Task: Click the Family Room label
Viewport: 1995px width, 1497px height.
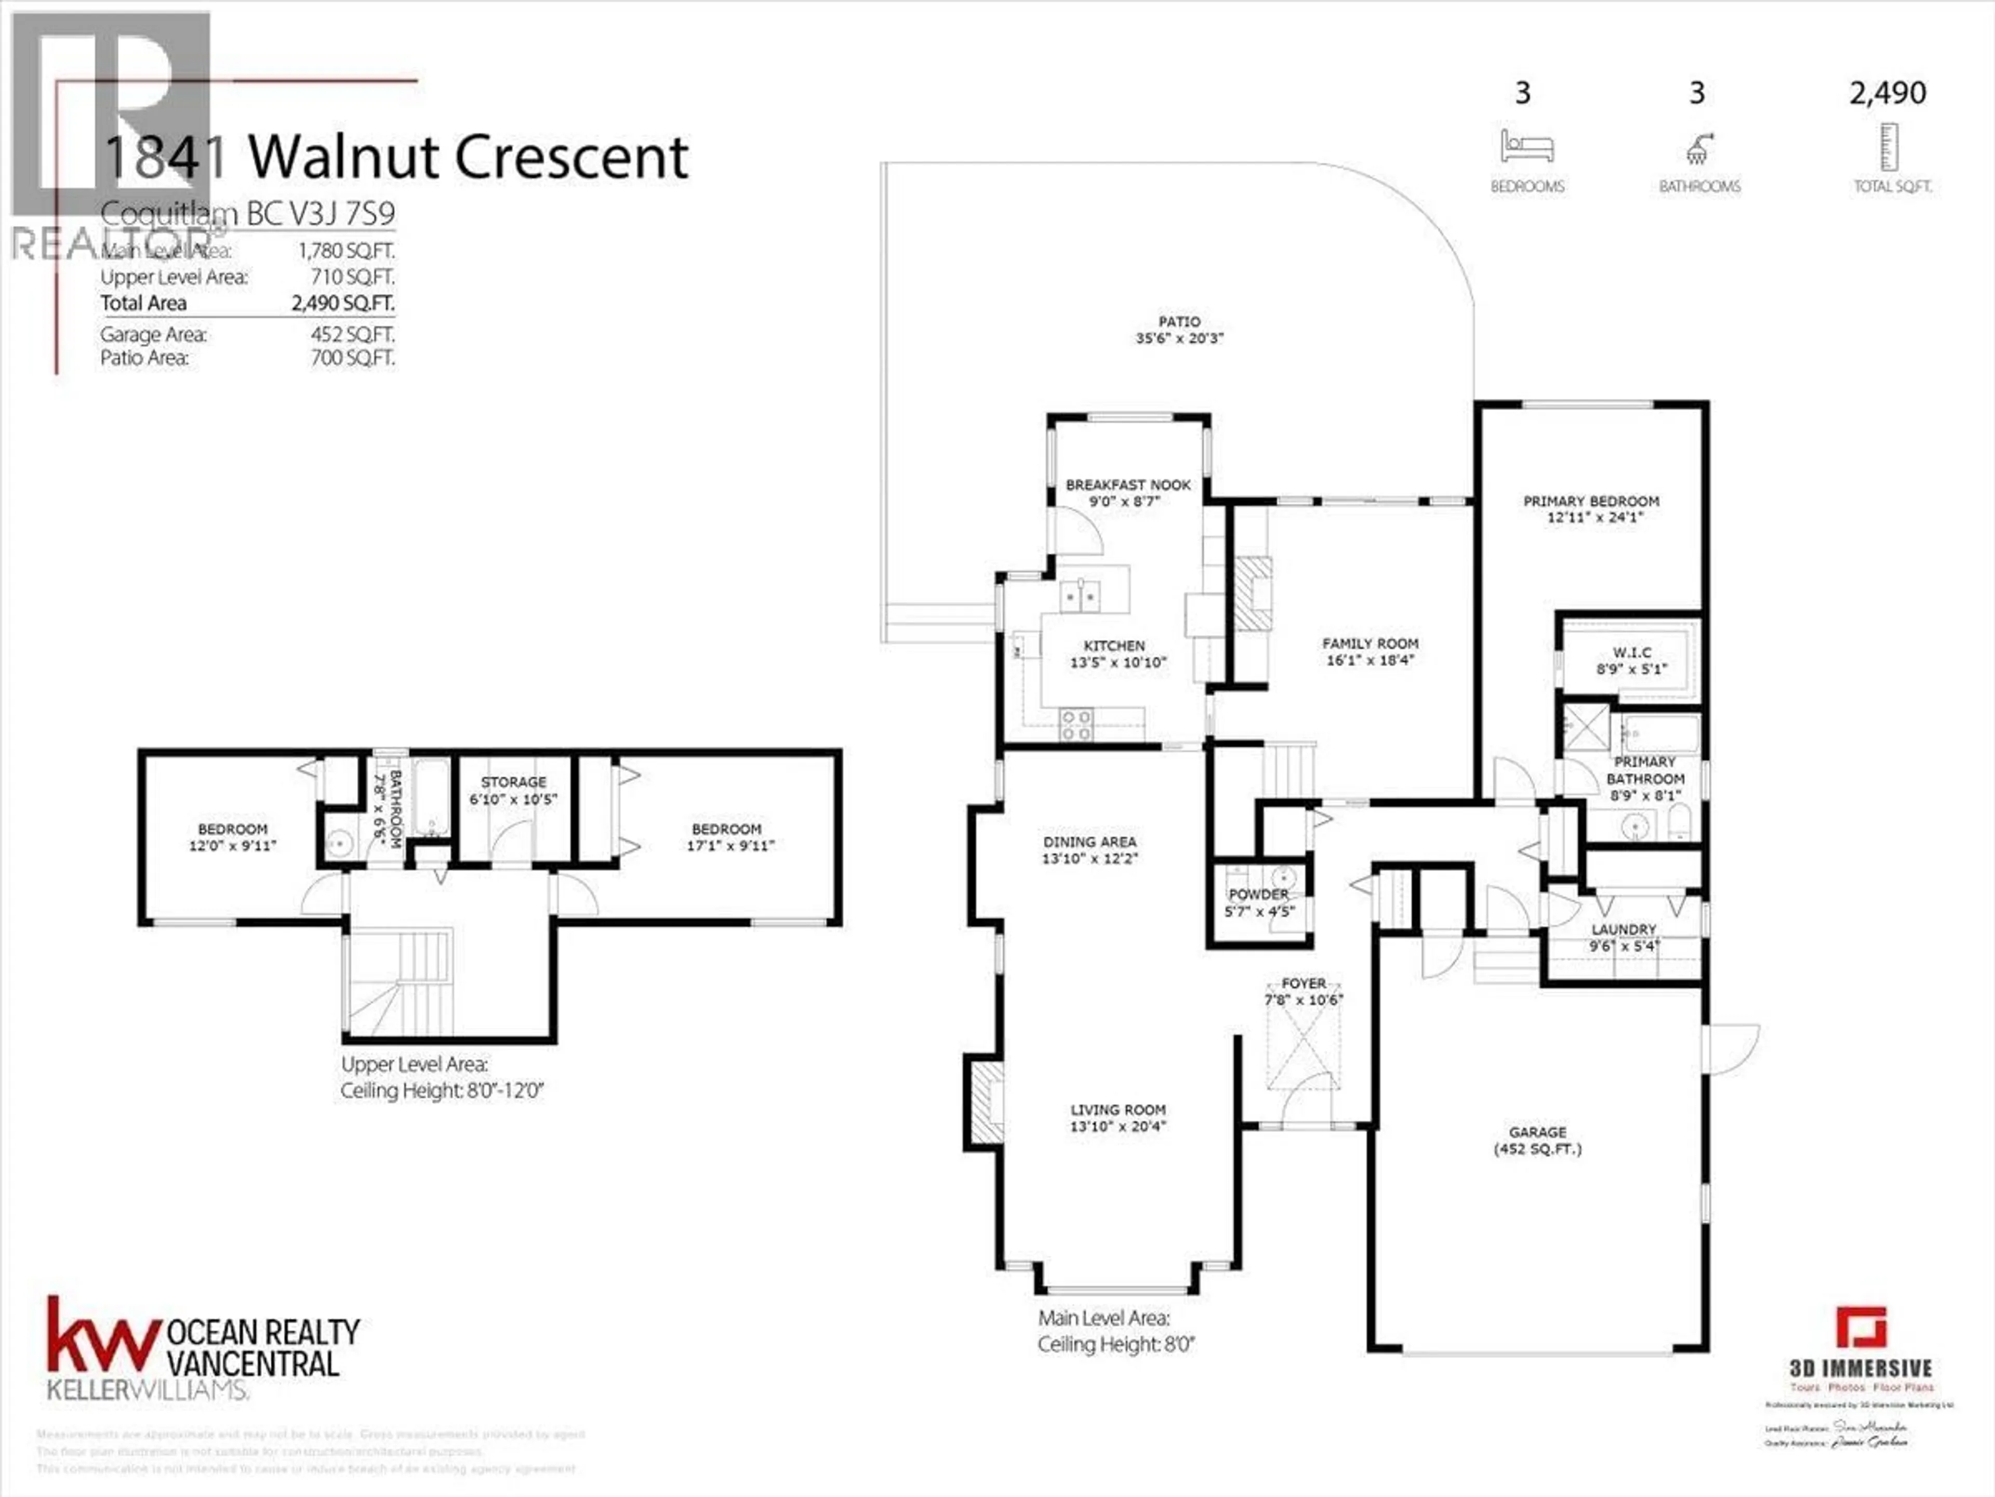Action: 1370,644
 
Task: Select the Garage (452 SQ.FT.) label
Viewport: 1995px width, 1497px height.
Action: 1538,1140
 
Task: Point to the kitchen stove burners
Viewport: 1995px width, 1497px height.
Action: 1076,725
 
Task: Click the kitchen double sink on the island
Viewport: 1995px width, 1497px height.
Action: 1081,596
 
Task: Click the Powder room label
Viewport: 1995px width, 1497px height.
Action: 1258,894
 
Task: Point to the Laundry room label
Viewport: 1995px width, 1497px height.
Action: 1624,929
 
